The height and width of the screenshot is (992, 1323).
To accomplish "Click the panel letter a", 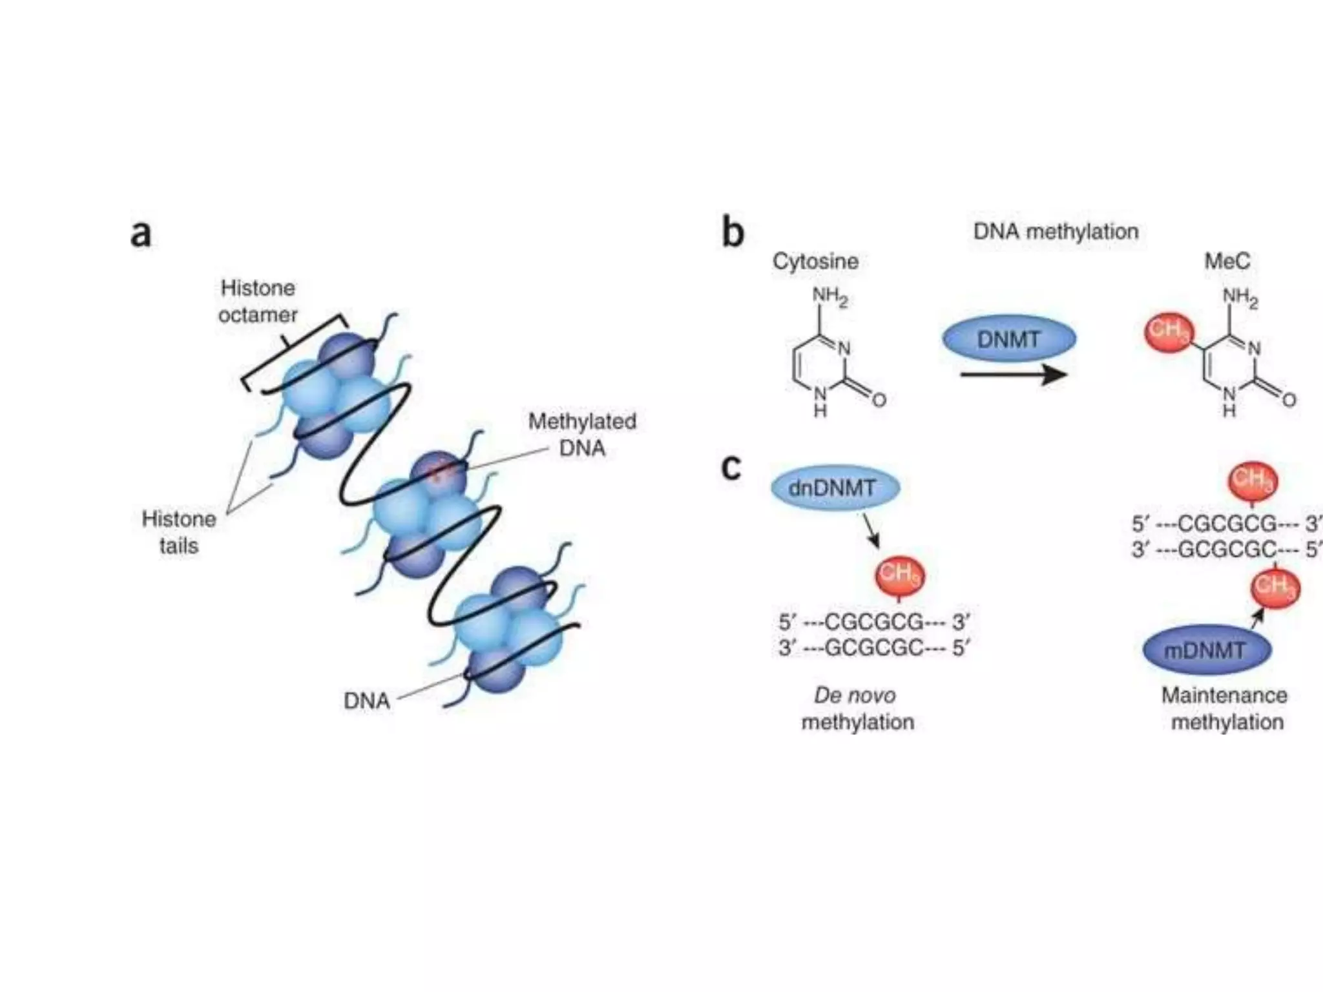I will click(x=141, y=234).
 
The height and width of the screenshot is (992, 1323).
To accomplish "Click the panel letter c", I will click(x=731, y=468).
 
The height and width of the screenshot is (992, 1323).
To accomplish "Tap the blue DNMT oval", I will click(x=1008, y=339).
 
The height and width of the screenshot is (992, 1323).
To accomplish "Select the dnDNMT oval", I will click(x=835, y=488).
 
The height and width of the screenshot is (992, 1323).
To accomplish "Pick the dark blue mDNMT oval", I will click(x=1206, y=650).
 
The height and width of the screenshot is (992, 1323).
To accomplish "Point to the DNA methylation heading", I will click(x=1056, y=231).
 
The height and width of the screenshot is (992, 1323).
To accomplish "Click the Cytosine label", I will click(x=815, y=261).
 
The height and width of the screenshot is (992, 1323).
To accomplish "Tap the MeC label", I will click(x=1227, y=261).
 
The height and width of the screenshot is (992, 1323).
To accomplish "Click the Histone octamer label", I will click(x=258, y=301).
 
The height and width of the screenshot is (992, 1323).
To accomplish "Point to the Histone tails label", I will click(x=179, y=532).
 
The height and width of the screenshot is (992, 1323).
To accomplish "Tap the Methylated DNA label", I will click(x=582, y=435).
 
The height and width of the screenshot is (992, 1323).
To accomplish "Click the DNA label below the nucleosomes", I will click(x=366, y=701).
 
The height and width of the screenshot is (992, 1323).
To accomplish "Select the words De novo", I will click(x=855, y=696).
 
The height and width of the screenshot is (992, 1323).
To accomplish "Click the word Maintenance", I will click(x=1224, y=696).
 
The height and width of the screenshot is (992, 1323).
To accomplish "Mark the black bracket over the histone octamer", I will click(x=294, y=349).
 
